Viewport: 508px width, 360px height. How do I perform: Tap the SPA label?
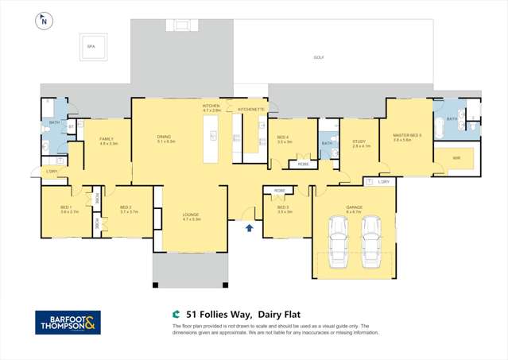click(x=91, y=47)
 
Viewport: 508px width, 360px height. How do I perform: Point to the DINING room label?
click(x=165, y=137)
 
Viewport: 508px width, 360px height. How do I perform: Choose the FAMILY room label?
click(x=107, y=139)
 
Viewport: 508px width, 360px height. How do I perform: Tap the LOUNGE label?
click(x=192, y=215)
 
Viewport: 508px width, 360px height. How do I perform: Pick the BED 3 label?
click(x=285, y=209)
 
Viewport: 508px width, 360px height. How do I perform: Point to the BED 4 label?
click(x=284, y=138)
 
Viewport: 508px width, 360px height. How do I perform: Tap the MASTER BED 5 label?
click(x=407, y=136)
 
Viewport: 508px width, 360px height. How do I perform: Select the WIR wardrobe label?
click(x=456, y=158)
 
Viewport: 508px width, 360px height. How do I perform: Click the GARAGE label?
click(x=354, y=209)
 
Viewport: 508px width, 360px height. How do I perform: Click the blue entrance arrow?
click(x=250, y=228)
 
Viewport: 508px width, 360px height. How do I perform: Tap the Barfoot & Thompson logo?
click(x=68, y=322)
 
